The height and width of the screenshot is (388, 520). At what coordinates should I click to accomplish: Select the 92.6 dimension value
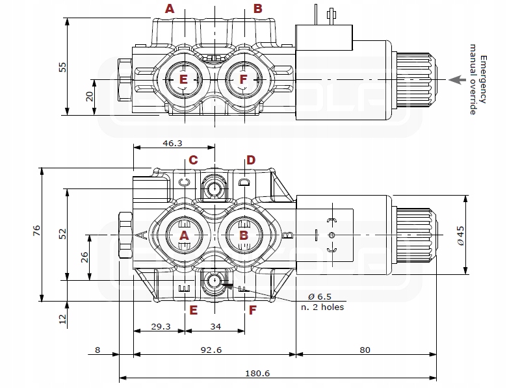coord(211,350)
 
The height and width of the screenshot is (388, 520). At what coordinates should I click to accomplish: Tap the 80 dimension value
coord(365,350)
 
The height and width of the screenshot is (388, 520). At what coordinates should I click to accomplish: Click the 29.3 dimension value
coord(160,326)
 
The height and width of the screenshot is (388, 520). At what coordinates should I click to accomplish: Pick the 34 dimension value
coord(215,326)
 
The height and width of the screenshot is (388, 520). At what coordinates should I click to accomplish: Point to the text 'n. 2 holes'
coord(323,307)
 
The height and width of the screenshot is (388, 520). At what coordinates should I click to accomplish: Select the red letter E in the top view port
coord(183,79)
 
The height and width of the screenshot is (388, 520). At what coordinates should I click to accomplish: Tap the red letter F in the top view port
coord(243,79)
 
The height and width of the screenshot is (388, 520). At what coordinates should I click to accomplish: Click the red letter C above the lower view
coord(193,160)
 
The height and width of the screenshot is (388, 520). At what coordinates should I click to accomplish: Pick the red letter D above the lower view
coord(251,160)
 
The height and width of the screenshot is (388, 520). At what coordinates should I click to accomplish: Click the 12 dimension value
coord(63,318)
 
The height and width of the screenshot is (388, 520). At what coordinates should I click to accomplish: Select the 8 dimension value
coord(97,350)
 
